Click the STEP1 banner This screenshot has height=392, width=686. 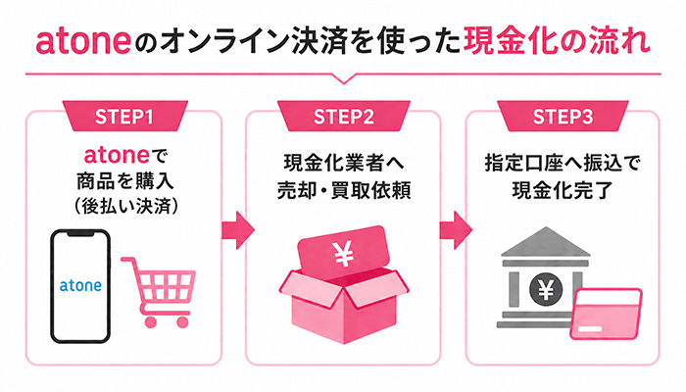click(124, 116)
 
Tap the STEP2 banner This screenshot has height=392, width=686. click(343, 116)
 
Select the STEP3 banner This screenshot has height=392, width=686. click(563, 116)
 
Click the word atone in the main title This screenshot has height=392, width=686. click(83, 42)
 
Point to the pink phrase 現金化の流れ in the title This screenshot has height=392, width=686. click(556, 41)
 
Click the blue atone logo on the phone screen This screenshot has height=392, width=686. click(80, 285)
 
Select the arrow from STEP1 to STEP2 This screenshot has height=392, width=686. click(238, 230)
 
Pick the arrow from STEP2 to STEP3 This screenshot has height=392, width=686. click(456, 230)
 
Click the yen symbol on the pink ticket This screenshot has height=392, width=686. click(343, 254)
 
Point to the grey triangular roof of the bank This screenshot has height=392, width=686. click(546, 242)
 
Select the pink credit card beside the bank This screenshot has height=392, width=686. click(606, 314)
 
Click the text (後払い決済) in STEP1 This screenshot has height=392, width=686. click(125, 207)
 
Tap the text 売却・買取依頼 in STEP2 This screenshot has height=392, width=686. click(344, 191)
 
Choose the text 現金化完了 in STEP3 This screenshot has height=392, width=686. click(563, 191)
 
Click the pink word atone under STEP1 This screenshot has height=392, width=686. click(117, 155)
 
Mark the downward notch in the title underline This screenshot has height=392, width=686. click(343, 79)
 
